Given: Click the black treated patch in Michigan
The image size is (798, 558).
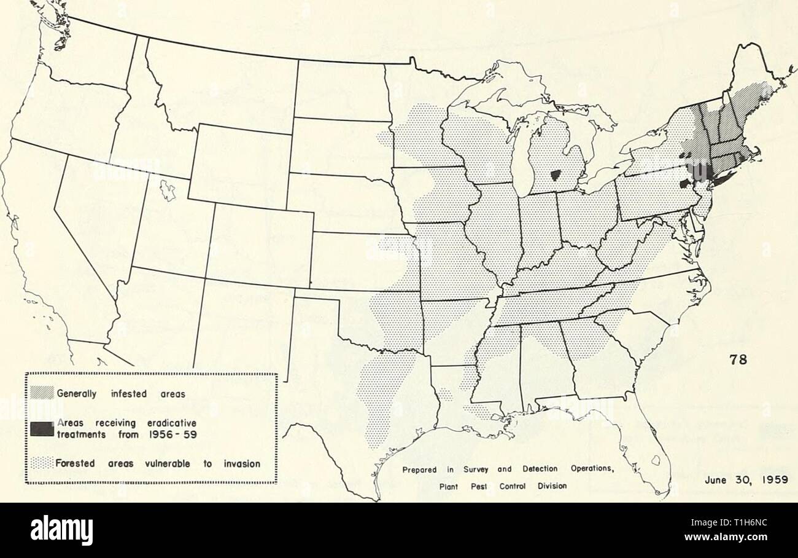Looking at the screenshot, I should tap(557, 176).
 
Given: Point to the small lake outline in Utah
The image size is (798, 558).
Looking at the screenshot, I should tap(166, 192).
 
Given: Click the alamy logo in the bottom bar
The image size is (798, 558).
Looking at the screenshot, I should tap(62, 530).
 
